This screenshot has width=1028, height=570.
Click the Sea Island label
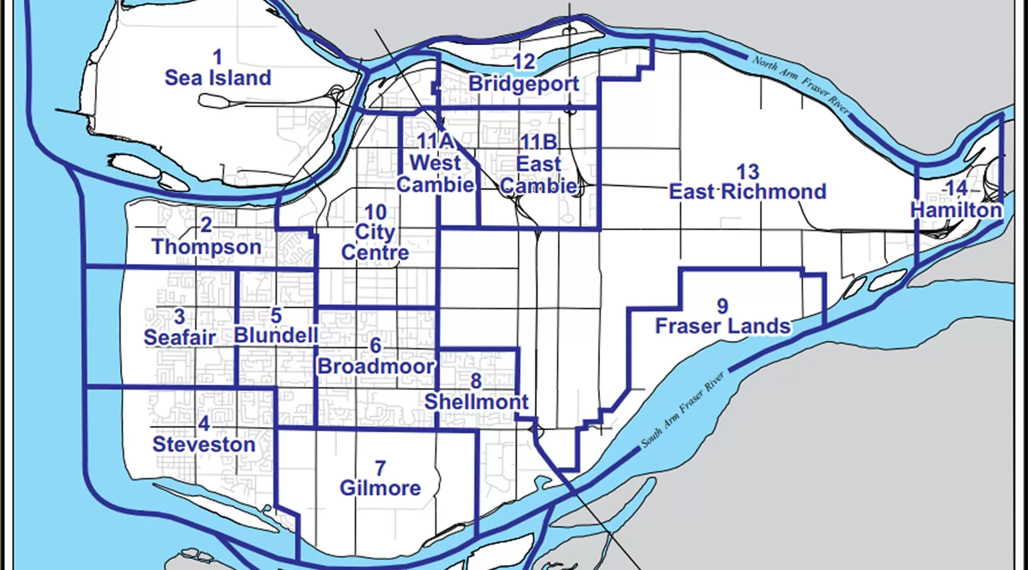218,78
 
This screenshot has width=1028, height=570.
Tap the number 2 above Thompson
206,225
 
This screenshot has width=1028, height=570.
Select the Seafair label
180,338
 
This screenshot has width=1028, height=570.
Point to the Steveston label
204,445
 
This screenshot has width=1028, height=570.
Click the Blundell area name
276,336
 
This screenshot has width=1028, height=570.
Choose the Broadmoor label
376,366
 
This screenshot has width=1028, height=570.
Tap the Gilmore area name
380,488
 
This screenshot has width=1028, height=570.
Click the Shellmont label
476,402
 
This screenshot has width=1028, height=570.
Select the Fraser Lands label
723,326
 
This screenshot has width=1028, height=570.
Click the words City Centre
375,242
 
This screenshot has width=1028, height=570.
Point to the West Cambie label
435,174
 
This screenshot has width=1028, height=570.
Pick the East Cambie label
539,175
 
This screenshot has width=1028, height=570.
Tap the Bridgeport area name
524,84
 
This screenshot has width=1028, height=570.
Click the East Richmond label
747,191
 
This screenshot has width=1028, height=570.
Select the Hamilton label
956,210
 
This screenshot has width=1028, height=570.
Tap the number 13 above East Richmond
747,172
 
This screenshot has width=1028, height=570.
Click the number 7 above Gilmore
380,468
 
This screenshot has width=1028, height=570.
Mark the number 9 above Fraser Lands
722,306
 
